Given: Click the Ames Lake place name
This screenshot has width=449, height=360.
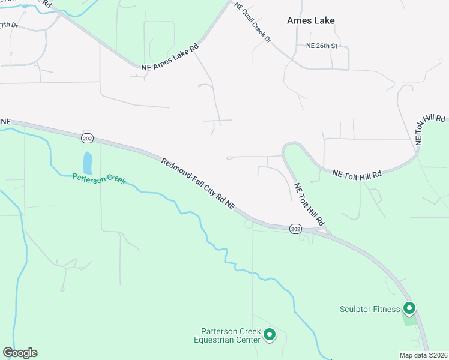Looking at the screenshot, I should click(x=310, y=20).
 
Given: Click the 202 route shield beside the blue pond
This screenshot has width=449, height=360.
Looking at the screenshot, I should click(x=87, y=139).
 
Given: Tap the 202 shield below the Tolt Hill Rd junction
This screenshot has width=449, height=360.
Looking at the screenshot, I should click(x=295, y=229).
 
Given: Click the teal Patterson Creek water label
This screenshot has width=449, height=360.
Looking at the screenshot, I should click(x=99, y=178).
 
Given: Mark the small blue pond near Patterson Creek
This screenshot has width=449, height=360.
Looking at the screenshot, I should click(x=88, y=163).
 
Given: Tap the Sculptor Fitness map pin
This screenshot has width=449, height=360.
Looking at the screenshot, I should click(x=409, y=308).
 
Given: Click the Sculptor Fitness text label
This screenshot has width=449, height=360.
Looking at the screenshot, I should click(x=369, y=310).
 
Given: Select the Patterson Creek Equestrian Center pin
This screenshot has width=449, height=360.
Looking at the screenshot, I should click(x=270, y=334).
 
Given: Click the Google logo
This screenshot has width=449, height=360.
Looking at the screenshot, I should click(x=20, y=353).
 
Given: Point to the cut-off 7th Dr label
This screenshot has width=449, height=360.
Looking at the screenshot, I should click(x=8, y=25).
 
